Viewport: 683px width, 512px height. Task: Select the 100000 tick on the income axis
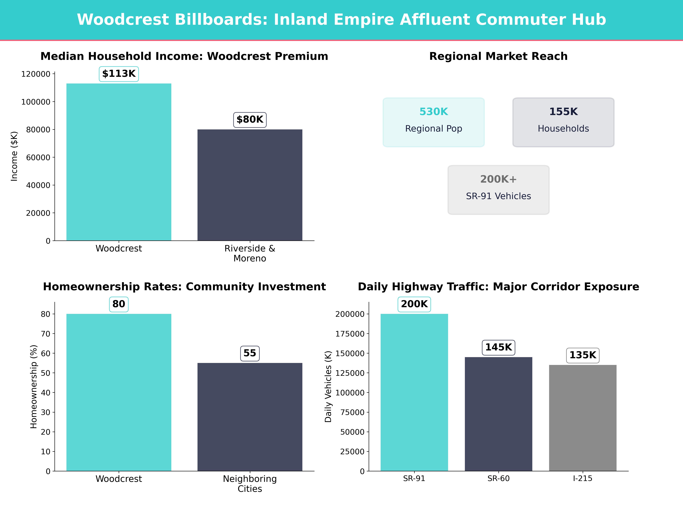click(36, 102)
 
